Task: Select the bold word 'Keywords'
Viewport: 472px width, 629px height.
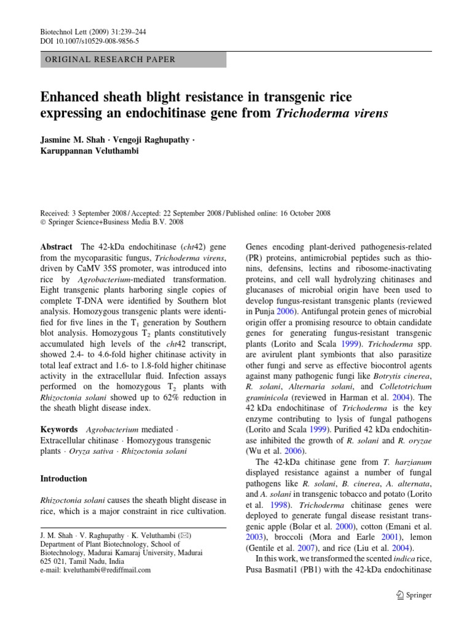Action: pyautogui.click(x=59, y=429)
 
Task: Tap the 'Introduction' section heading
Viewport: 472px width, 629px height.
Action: pyautogui.click(x=63, y=478)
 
